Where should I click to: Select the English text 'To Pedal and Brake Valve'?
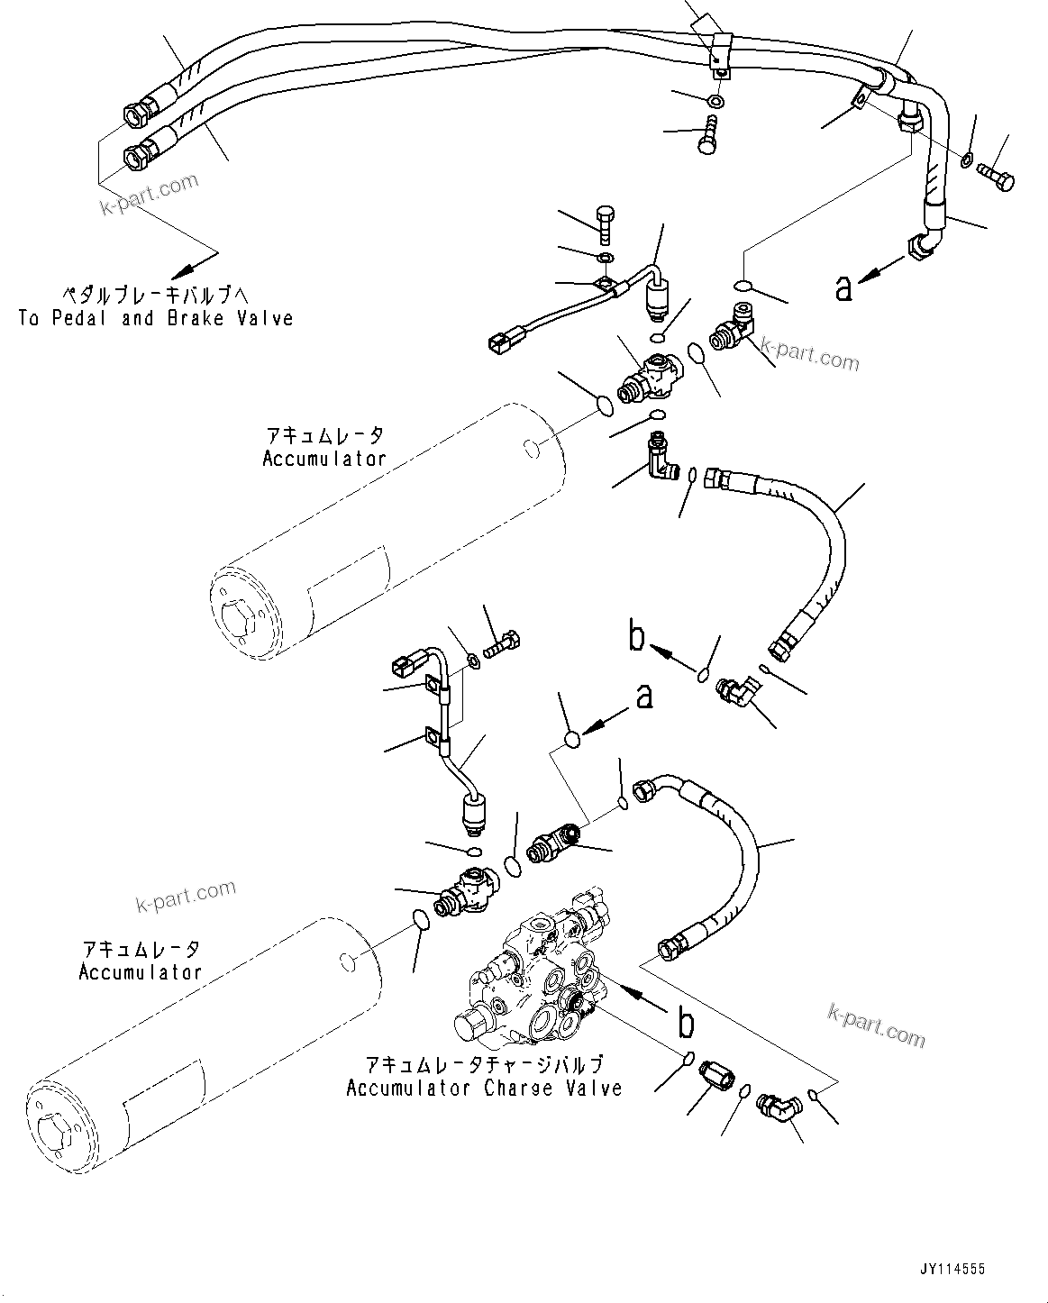[x=156, y=318]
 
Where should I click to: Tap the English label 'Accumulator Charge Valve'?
[x=484, y=1088]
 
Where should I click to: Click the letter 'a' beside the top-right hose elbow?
[x=843, y=287]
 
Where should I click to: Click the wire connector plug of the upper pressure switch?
[x=499, y=342]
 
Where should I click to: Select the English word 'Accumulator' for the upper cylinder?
[x=324, y=458]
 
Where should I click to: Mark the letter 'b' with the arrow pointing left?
[x=637, y=638]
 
